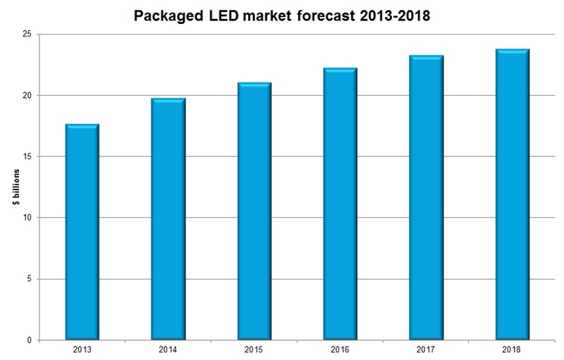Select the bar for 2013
tap(82, 232)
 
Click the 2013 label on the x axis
tap(82, 349)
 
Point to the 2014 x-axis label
tap(168, 349)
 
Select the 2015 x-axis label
tap(254, 349)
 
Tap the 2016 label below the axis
tap(340, 349)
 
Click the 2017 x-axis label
tap(426, 349)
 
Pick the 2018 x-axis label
tap(512, 349)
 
